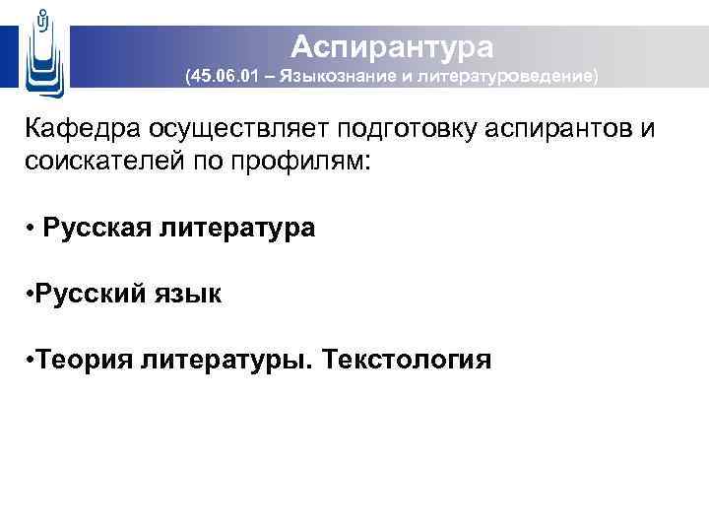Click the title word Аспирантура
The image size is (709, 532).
click(391, 45)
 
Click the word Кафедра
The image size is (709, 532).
click(83, 130)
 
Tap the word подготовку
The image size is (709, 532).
click(425, 132)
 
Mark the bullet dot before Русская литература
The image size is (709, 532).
click(32, 228)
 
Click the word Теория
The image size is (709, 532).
click(85, 360)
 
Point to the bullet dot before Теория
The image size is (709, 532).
click(32, 359)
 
